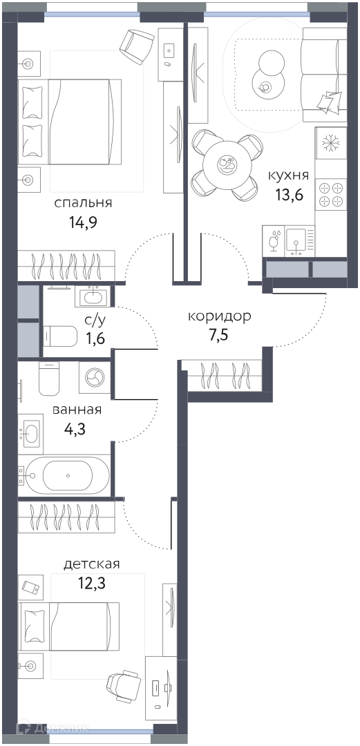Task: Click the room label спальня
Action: [x=83, y=204]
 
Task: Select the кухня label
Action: [x=289, y=175]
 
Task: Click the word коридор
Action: [x=219, y=317]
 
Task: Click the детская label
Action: [x=91, y=564]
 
